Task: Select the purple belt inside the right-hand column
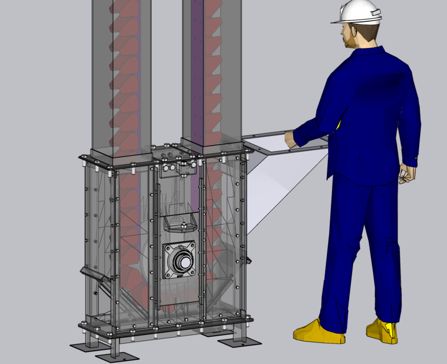tap(196, 68)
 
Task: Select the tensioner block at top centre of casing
tap(185, 168)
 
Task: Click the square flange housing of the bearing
tap(180, 261)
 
